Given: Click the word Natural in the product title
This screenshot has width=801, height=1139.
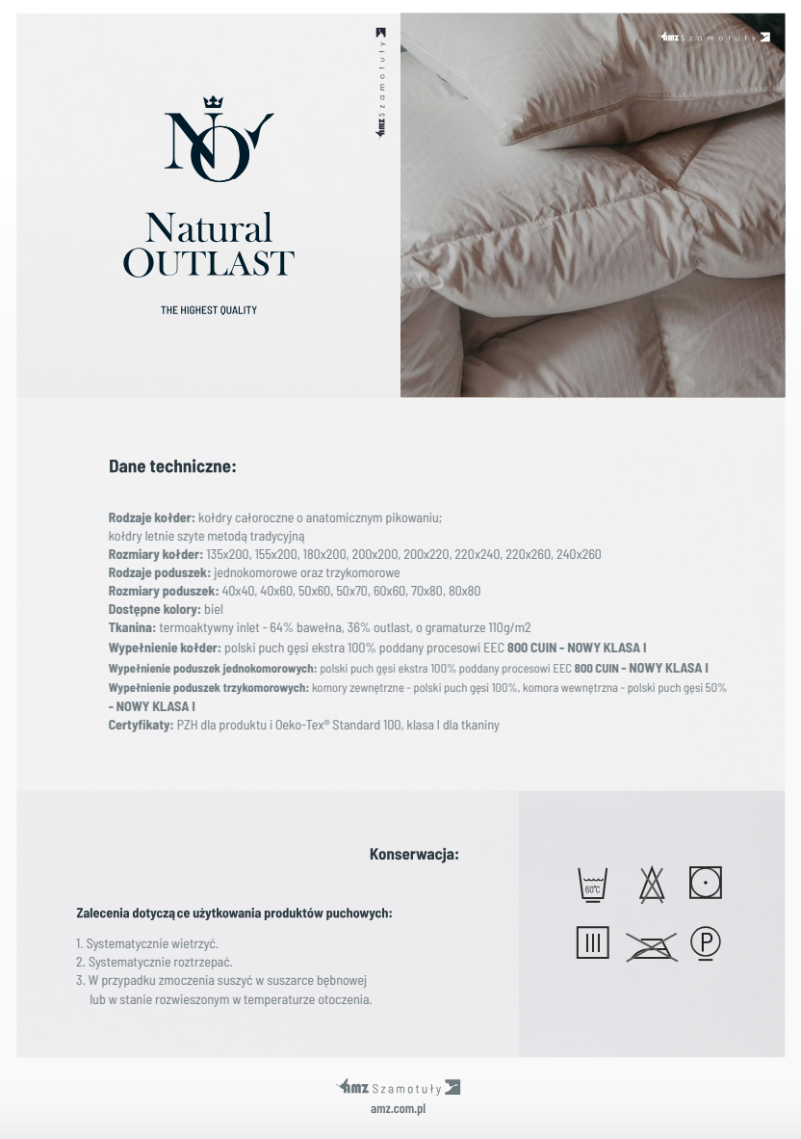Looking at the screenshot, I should (x=209, y=228).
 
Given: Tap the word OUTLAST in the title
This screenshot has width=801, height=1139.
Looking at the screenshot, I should (x=209, y=263).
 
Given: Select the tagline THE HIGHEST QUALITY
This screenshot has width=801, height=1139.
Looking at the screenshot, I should (x=209, y=310).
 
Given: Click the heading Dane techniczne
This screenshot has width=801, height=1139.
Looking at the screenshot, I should (x=172, y=466).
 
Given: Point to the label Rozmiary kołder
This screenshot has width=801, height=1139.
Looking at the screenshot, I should (x=155, y=554).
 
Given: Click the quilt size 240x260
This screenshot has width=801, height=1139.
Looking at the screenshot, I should (x=579, y=554).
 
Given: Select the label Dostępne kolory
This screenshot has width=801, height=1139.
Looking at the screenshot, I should (x=154, y=610).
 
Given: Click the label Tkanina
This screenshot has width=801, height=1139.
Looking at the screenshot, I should (x=132, y=628).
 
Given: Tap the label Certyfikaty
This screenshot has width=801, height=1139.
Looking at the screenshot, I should (x=141, y=725).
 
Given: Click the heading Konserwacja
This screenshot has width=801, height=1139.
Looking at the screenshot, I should (x=414, y=854).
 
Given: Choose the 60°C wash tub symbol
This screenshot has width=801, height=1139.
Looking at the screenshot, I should (x=592, y=884).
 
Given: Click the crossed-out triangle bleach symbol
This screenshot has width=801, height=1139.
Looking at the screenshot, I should (x=652, y=884).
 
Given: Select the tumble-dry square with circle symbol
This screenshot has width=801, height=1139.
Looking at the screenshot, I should (x=706, y=882).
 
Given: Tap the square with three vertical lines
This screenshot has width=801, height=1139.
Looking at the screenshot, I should (x=592, y=942).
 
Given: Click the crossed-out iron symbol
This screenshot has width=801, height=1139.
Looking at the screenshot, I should (x=651, y=946).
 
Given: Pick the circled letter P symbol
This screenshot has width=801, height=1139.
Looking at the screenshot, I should (x=706, y=942).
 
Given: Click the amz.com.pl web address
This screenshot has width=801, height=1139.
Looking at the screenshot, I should (x=399, y=1109).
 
